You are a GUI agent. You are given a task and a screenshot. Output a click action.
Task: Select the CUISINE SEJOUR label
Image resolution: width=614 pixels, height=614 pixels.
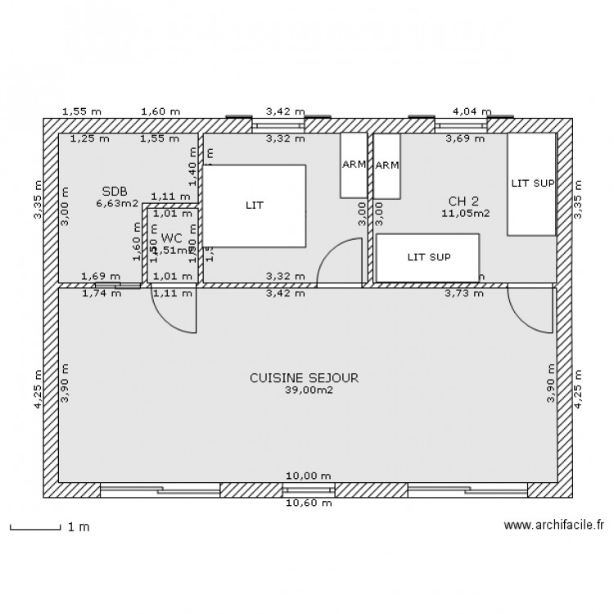pos(304,378)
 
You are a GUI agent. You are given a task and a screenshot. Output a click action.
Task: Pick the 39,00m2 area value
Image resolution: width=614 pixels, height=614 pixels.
pos(304,391)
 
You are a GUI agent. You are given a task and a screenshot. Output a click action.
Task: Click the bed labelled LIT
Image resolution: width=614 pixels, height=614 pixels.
pos(255,205)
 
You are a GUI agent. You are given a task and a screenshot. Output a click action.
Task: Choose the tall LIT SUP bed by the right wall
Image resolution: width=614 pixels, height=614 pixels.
pos(531,183)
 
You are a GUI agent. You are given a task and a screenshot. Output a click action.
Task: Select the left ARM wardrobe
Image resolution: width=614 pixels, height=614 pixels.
pos(354,165)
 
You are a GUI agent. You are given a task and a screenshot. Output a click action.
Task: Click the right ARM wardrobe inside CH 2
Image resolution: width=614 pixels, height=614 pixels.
pos(386,165)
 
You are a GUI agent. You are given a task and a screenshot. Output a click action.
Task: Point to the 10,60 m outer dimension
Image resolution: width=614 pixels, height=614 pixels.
pos(309,503)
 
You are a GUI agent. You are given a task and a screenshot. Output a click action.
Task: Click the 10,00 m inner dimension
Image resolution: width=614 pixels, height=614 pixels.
pos(309,476)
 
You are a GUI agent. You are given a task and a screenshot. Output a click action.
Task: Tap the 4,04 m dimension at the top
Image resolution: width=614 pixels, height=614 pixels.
pos(472,111)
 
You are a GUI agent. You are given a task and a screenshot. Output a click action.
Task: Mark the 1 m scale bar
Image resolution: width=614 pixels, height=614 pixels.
pos(36,527)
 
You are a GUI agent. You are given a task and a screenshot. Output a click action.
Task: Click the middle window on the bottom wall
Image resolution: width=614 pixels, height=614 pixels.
pos(309,490)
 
